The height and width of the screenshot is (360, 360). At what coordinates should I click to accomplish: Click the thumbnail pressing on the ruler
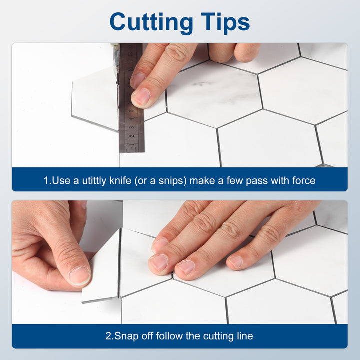[x=141, y=96]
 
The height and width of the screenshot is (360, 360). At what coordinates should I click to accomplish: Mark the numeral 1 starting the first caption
[x=46, y=180]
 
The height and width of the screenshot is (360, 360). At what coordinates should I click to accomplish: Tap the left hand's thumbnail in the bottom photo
[x=79, y=275]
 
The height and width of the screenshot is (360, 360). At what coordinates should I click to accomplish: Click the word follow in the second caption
[x=170, y=336]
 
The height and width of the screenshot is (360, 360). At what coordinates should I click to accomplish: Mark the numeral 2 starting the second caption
[x=108, y=336]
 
